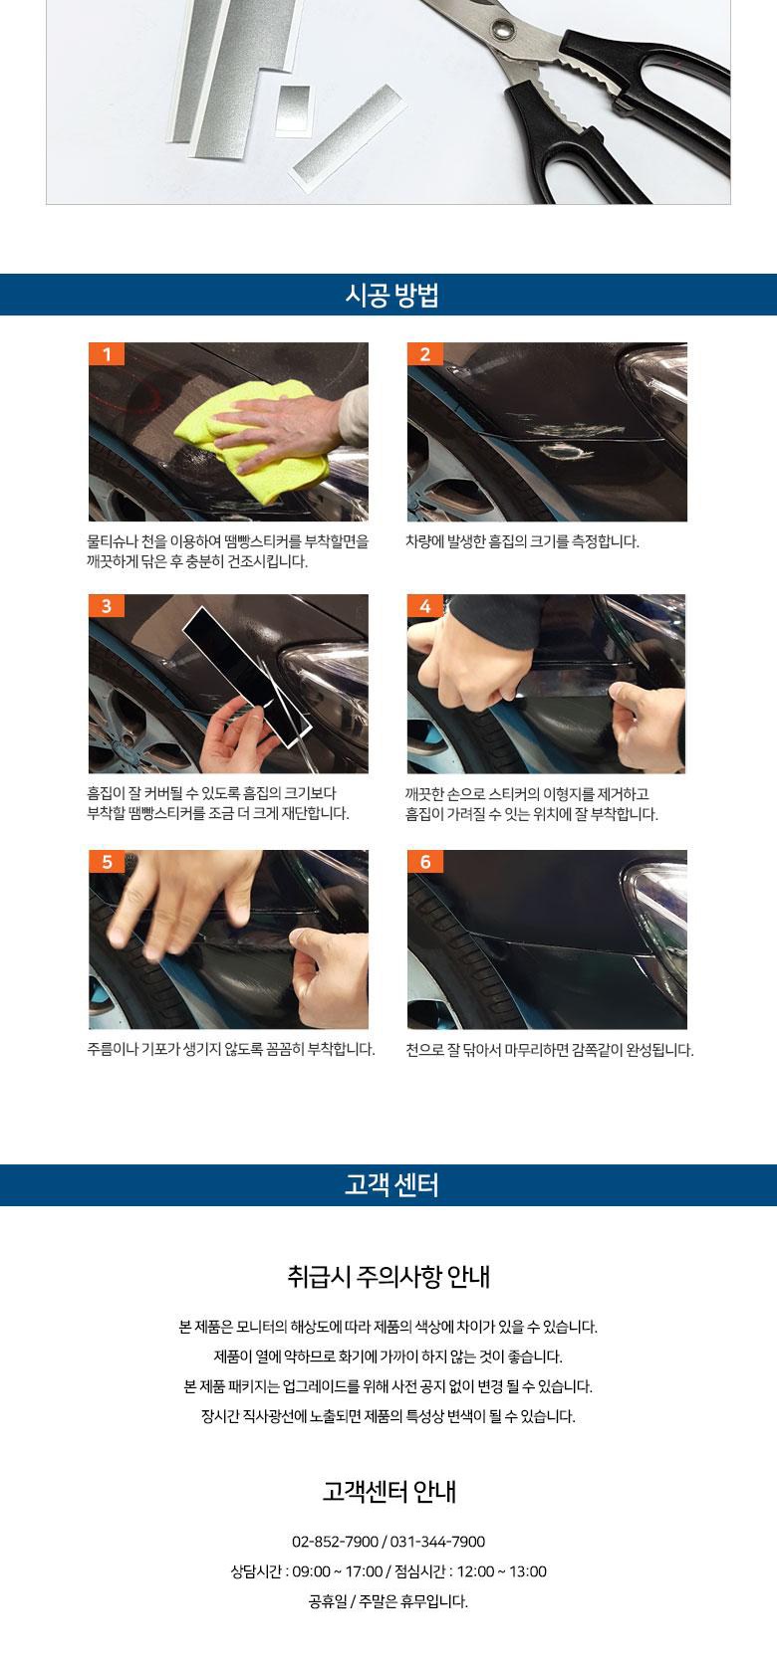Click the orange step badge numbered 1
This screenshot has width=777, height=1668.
[x=107, y=353]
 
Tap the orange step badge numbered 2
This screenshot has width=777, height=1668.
[x=425, y=353]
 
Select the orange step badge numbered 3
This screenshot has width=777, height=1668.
[x=107, y=605]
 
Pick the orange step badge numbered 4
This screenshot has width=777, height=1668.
[x=425, y=605]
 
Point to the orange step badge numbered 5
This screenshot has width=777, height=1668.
[x=107, y=862]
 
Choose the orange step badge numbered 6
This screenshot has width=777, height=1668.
[x=425, y=862]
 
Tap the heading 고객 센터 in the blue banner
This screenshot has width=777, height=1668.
[x=391, y=1184]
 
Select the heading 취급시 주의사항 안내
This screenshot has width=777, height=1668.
[x=388, y=1276]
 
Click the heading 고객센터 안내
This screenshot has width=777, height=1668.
[x=388, y=1491]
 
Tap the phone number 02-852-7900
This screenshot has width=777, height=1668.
[x=335, y=1542]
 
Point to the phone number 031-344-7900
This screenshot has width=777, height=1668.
[x=437, y=1542]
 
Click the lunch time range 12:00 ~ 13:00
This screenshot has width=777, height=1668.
[x=502, y=1571]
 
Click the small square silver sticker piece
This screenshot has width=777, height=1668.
[x=293, y=110]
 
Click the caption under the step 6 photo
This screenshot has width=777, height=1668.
[x=550, y=1050]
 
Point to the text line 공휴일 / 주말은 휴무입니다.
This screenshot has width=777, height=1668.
[x=388, y=1601]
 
